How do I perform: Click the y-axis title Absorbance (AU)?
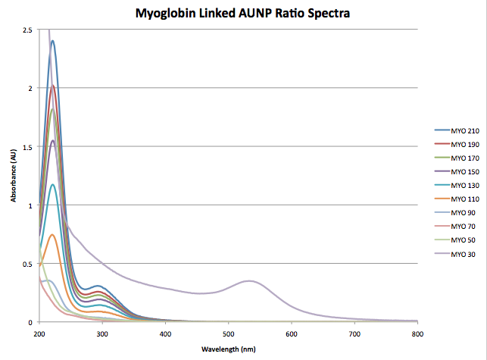(x=14, y=176)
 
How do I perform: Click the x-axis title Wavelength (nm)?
(x=227, y=349)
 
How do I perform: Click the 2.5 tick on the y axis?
(x=27, y=30)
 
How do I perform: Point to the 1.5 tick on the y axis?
(x=27, y=146)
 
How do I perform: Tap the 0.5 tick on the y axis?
(x=27, y=264)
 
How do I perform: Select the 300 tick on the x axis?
(x=102, y=332)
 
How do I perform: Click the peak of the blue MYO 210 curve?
(x=52, y=41)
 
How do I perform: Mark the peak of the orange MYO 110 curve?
(x=52, y=234)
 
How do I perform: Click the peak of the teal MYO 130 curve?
(x=52, y=184)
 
